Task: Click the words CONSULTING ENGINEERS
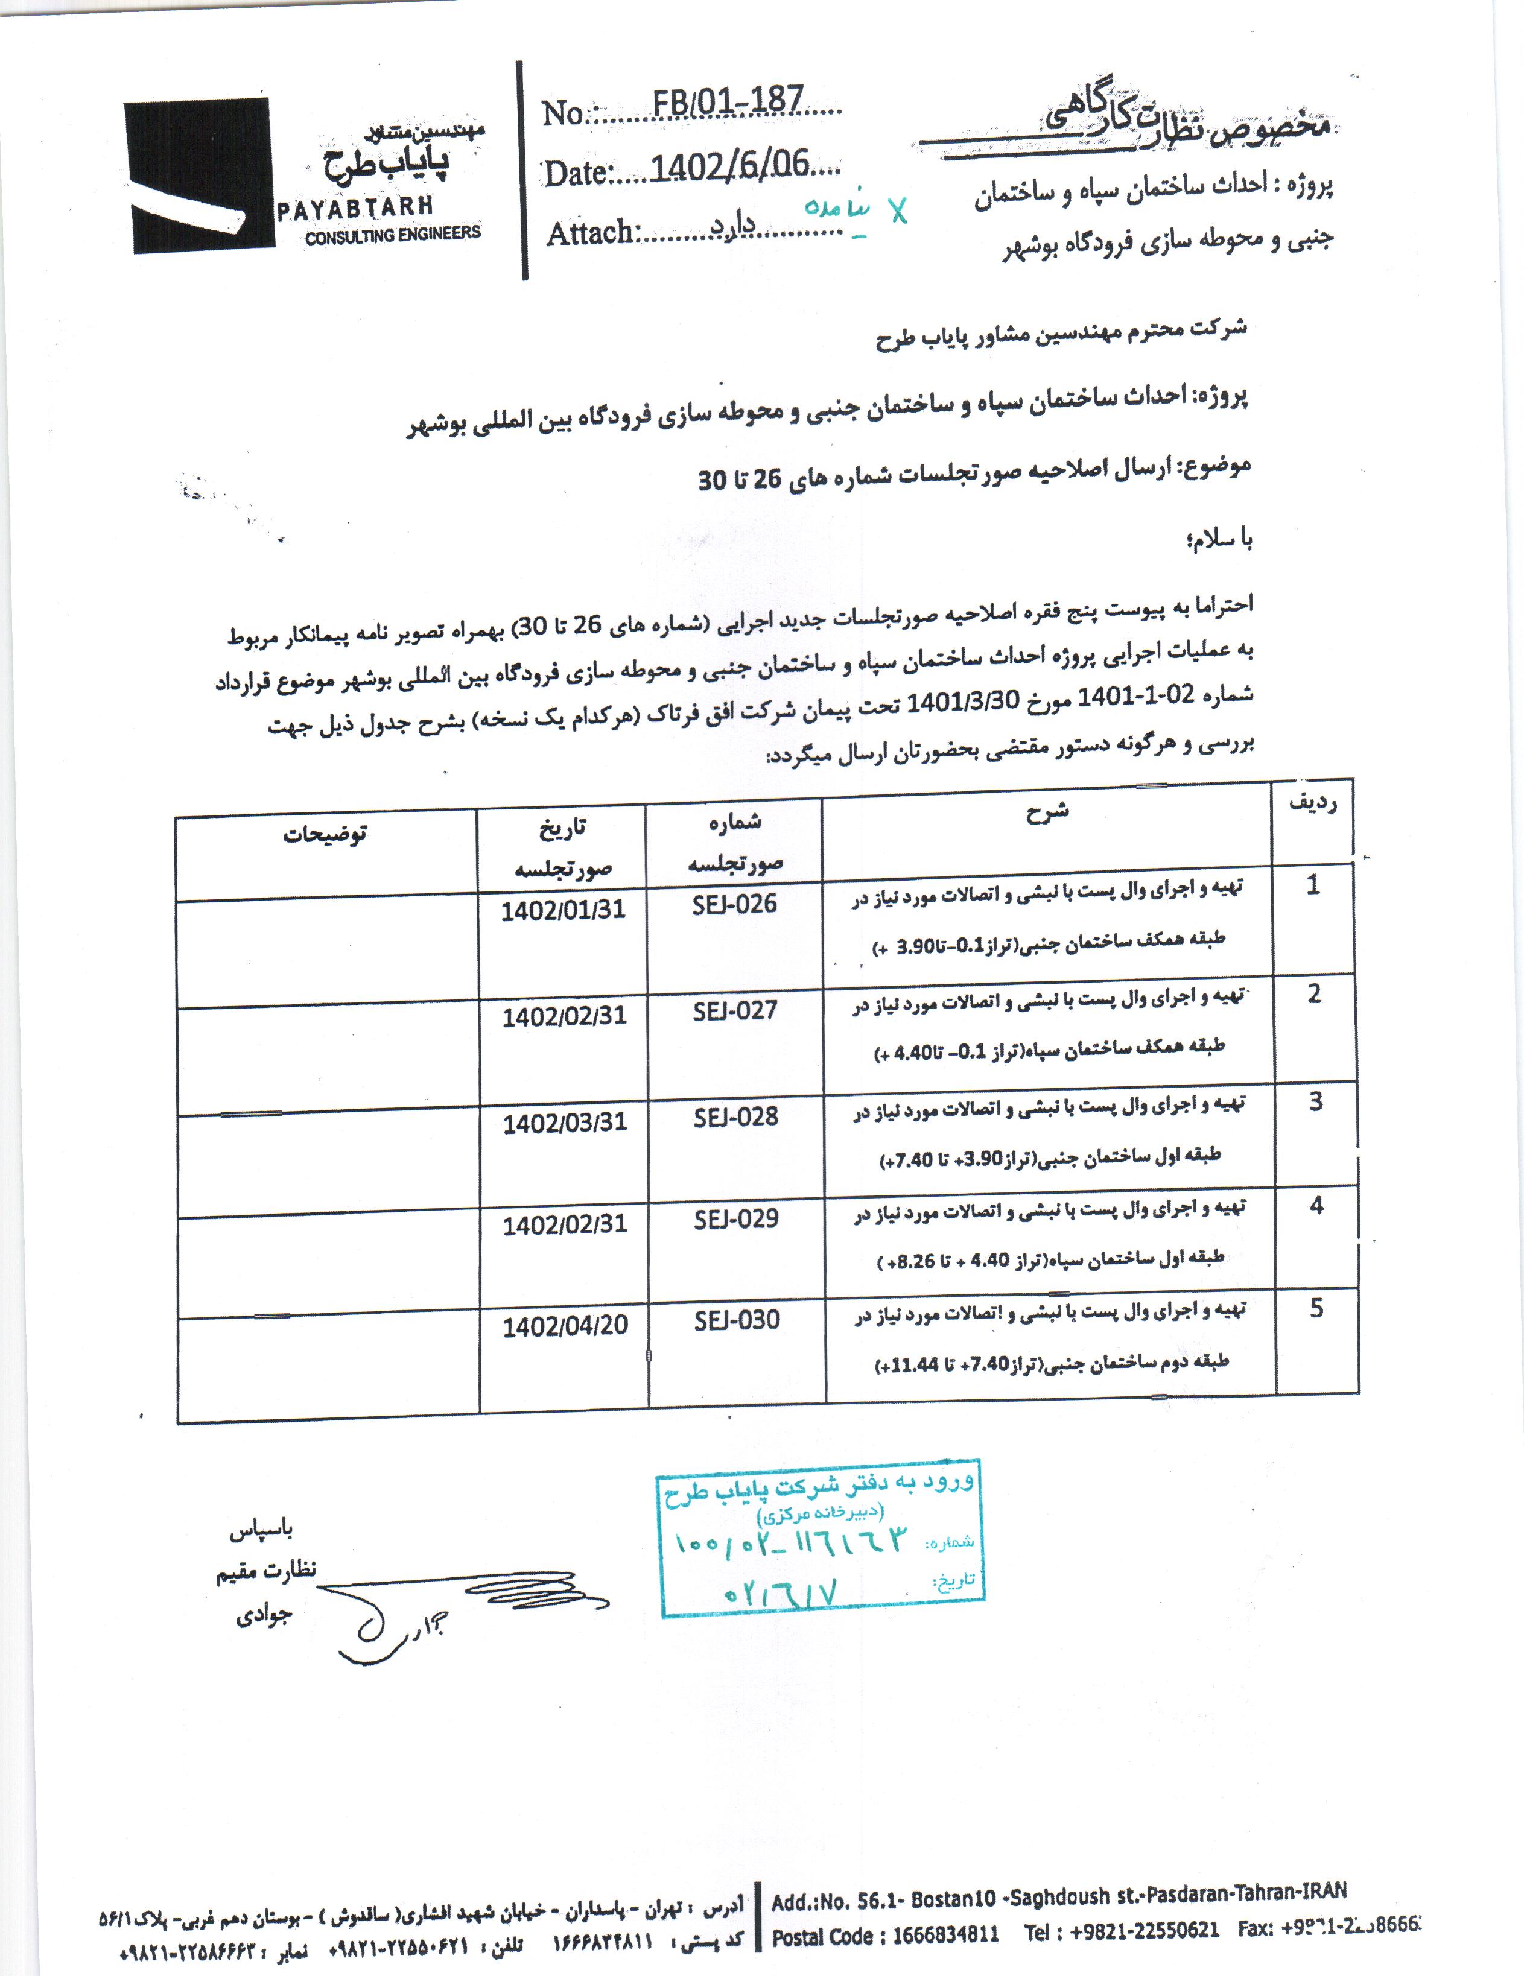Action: click(x=393, y=234)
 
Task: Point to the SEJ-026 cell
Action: click(x=734, y=904)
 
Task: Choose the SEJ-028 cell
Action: click(x=736, y=1116)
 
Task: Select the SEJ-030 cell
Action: click(x=737, y=1320)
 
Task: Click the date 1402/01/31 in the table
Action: click(x=563, y=910)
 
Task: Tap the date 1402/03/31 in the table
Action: click(x=565, y=1123)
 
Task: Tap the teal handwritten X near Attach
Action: click(x=897, y=211)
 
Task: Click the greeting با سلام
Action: click(x=1219, y=541)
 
